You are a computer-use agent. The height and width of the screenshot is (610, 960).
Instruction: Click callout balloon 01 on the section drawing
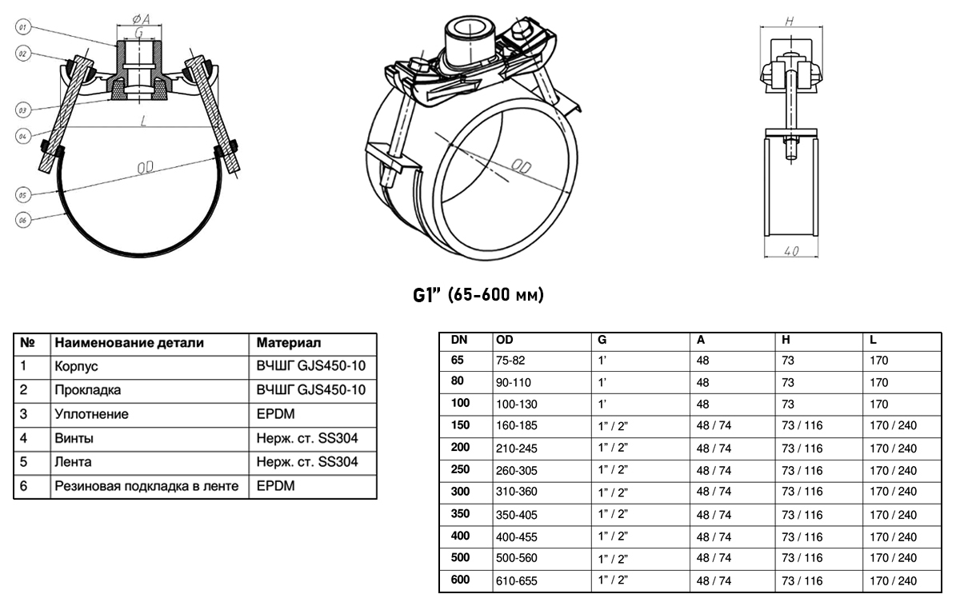(x=23, y=27)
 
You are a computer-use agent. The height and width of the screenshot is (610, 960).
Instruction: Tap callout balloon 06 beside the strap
(x=23, y=221)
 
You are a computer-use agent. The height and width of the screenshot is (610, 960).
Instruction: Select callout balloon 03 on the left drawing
(x=23, y=108)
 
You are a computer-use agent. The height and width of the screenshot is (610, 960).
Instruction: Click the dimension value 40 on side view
(x=790, y=252)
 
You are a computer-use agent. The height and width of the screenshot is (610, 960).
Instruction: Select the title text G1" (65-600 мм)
(x=478, y=296)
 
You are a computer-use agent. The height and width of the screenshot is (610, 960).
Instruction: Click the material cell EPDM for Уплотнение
(x=274, y=415)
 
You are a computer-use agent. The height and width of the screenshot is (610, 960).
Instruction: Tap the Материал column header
(x=289, y=343)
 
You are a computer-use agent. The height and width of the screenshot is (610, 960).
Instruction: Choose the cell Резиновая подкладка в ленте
(x=146, y=486)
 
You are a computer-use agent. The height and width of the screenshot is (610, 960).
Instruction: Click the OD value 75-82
(x=513, y=361)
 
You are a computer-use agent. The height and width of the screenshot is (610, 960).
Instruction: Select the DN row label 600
(x=460, y=580)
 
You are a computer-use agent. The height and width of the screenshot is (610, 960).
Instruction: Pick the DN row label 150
(x=460, y=425)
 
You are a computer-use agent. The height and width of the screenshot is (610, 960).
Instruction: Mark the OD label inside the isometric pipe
(x=521, y=167)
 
